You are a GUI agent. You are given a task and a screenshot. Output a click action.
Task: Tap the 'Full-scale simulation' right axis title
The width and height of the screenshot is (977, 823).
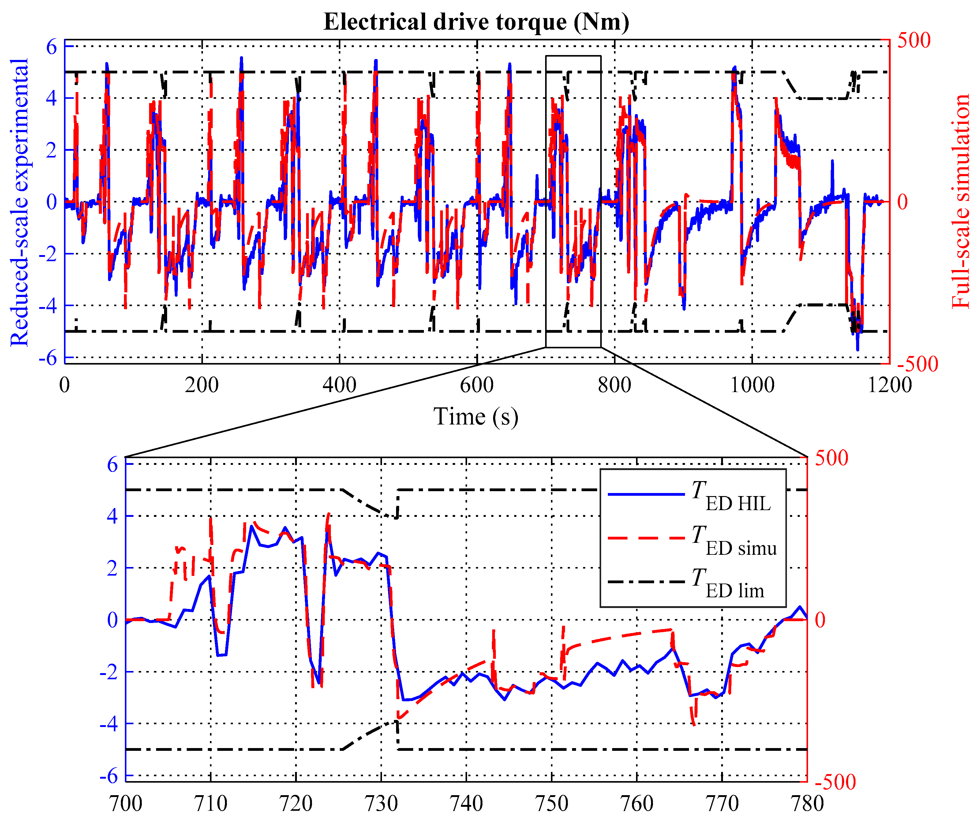point(960,201)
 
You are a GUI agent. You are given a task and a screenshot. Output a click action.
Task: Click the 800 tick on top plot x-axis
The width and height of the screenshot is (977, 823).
point(614,385)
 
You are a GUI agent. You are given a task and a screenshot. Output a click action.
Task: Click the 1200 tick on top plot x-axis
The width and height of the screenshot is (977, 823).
point(889,385)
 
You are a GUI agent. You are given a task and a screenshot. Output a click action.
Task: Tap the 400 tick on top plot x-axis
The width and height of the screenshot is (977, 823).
point(339,385)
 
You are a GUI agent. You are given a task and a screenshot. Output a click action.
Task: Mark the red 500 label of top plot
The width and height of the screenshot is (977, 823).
point(914,41)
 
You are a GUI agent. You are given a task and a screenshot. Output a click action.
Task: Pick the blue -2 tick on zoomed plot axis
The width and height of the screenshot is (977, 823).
point(108,672)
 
